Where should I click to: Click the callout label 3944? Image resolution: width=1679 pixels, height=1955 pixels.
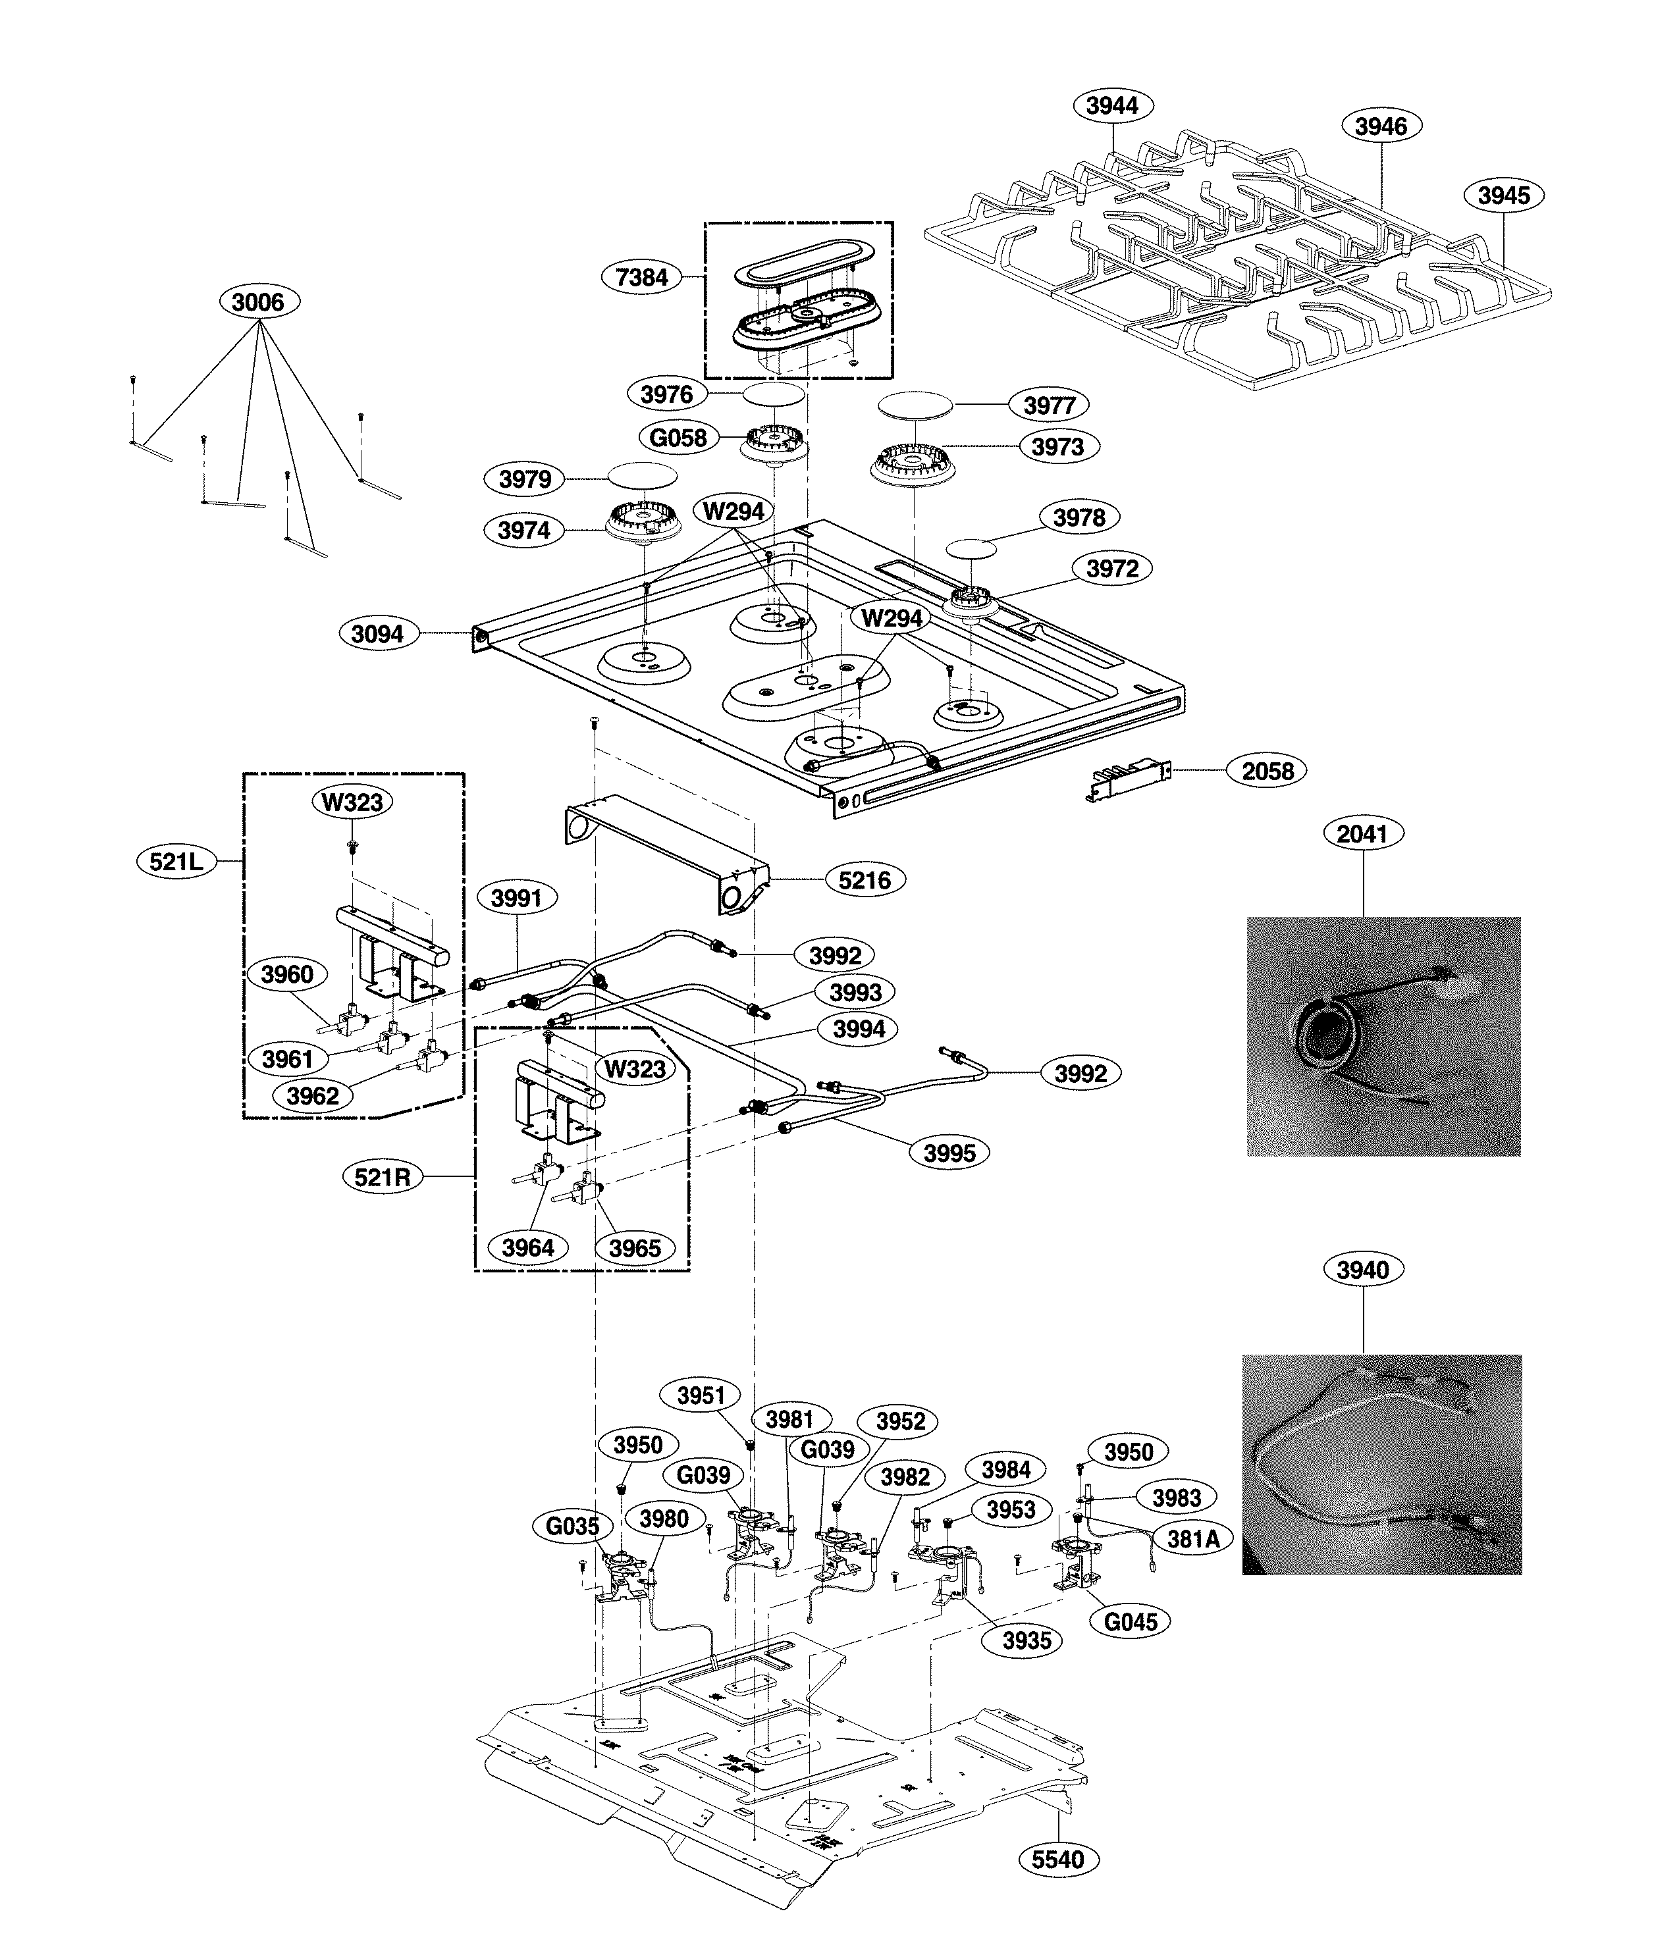1112,106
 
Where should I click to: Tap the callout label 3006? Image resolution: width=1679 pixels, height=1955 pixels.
257,302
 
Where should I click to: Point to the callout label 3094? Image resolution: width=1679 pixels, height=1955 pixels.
377,634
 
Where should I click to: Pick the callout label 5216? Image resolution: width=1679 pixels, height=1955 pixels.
865,880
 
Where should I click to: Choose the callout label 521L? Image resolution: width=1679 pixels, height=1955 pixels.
176,862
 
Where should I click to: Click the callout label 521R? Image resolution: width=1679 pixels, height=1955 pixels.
383,1178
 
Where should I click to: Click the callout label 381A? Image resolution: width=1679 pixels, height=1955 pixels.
1193,1539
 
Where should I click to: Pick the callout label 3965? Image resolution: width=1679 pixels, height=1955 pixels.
634,1248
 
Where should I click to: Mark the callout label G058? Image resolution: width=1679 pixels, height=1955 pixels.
678,438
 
